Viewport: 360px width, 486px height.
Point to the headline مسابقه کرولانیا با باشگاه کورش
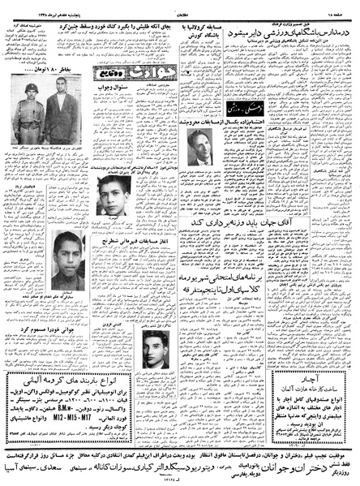pos(200,37)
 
